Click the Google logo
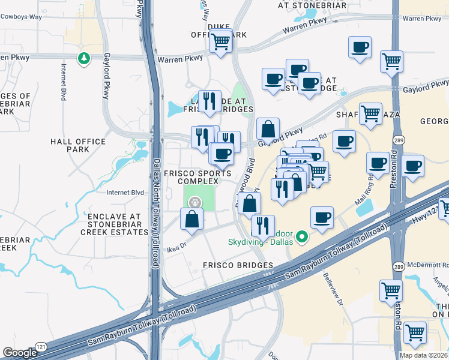20,353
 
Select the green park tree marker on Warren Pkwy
83,59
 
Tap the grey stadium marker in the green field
194,203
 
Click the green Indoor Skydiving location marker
303,238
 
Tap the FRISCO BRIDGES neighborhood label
238,265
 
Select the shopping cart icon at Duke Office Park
221,42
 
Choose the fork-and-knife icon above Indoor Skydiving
262,226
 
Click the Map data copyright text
423,355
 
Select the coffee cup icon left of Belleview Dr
322,218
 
